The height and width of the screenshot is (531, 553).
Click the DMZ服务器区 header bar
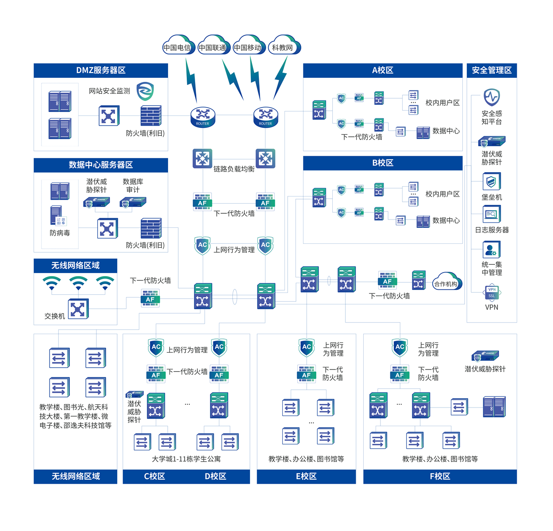coord(101,70)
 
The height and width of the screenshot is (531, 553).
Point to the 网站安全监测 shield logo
coord(145,91)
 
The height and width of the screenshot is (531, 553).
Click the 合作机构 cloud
coord(446,283)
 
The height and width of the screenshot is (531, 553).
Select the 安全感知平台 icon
coord(492,97)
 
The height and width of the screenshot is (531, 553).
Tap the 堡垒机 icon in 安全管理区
coord(492,181)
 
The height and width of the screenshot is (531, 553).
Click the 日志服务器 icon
coord(492,215)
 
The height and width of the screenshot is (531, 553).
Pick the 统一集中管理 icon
coord(492,250)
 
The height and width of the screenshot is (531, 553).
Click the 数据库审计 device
coord(133,202)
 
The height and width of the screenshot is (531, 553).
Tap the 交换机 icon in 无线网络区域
coord(78,309)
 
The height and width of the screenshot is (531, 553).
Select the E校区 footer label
coord(306,477)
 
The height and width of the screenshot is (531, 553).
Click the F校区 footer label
coord(440,477)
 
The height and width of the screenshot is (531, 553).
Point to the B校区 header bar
coord(383,163)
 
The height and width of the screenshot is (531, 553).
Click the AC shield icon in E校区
coord(307,347)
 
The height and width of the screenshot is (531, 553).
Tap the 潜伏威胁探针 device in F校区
coord(485,356)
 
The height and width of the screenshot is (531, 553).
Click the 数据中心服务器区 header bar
coord(101,165)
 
